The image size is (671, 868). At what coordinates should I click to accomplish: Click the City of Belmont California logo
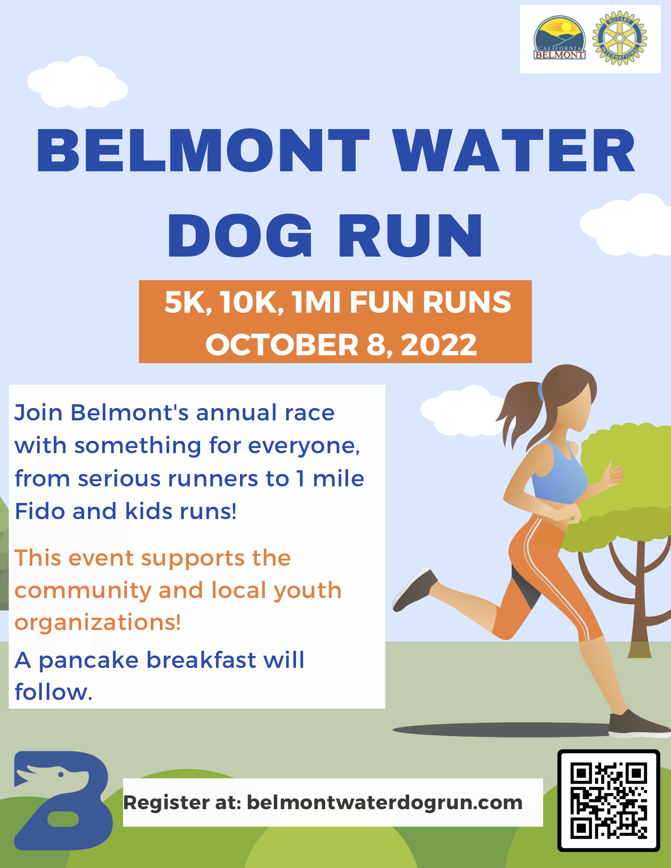pyautogui.click(x=559, y=38)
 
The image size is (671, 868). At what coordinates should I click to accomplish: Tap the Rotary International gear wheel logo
pyautogui.click(x=619, y=38)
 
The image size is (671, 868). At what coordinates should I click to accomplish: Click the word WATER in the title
pyautogui.click(x=514, y=151)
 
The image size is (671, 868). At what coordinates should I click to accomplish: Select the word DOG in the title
pyautogui.click(x=240, y=235)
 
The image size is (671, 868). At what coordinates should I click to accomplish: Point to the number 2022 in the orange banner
pyautogui.click(x=439, y=345)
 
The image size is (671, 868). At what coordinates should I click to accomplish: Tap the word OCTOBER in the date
pyautogui.click(x=282, y=345)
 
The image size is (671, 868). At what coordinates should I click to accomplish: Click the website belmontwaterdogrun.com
pyautogui.click(x=384, y=802)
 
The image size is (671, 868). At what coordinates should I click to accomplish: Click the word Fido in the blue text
pyautogui.click(x=40, y=512)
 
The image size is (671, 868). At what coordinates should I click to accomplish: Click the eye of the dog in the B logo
pyautogui.click(x=61, y=774)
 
